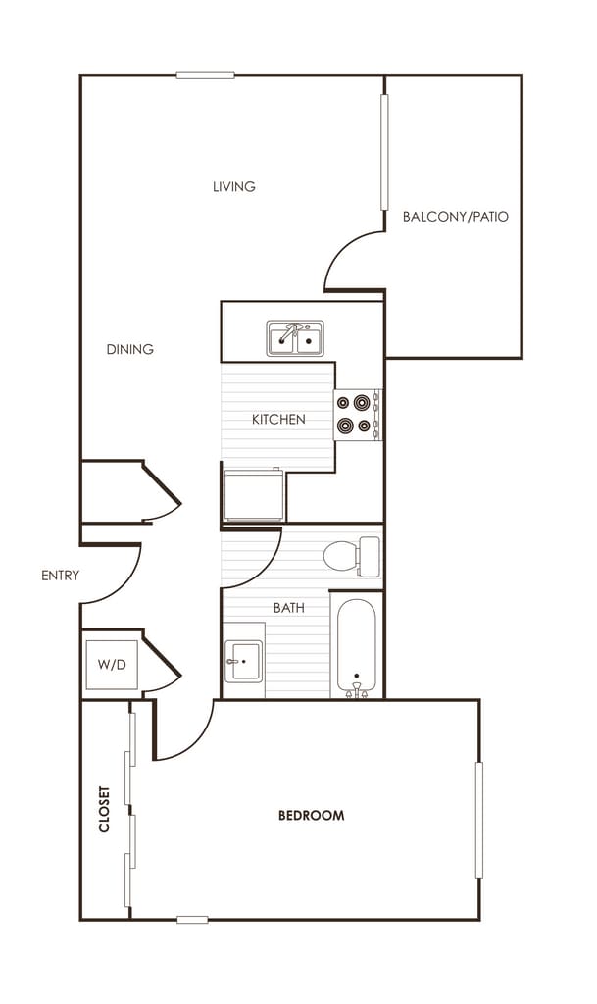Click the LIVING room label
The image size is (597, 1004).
(x=234, y=186)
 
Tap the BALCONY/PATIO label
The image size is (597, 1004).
(x=456, y=216)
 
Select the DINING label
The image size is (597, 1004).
(x=130, y=349)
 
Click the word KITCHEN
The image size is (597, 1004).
(x=278, y=419)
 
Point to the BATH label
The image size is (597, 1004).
(x=288, y=608)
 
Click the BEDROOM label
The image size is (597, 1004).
(x=311, y=815)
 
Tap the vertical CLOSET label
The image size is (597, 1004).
(x=105, y=810)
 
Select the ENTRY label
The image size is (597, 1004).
(x=60, y=576)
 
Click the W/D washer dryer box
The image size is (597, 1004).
(x=111, y=665)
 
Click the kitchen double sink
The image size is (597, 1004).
(x=295, y=339)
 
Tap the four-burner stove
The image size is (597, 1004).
(x=357, y=414)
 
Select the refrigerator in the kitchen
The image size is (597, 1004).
(x=254, y=495)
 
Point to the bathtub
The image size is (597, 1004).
(x=356, y=645)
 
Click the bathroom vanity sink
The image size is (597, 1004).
(x=242, y=661)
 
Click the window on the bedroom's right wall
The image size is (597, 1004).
(x=478, y=820)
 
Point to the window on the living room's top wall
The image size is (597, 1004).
(x=205, y=75)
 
